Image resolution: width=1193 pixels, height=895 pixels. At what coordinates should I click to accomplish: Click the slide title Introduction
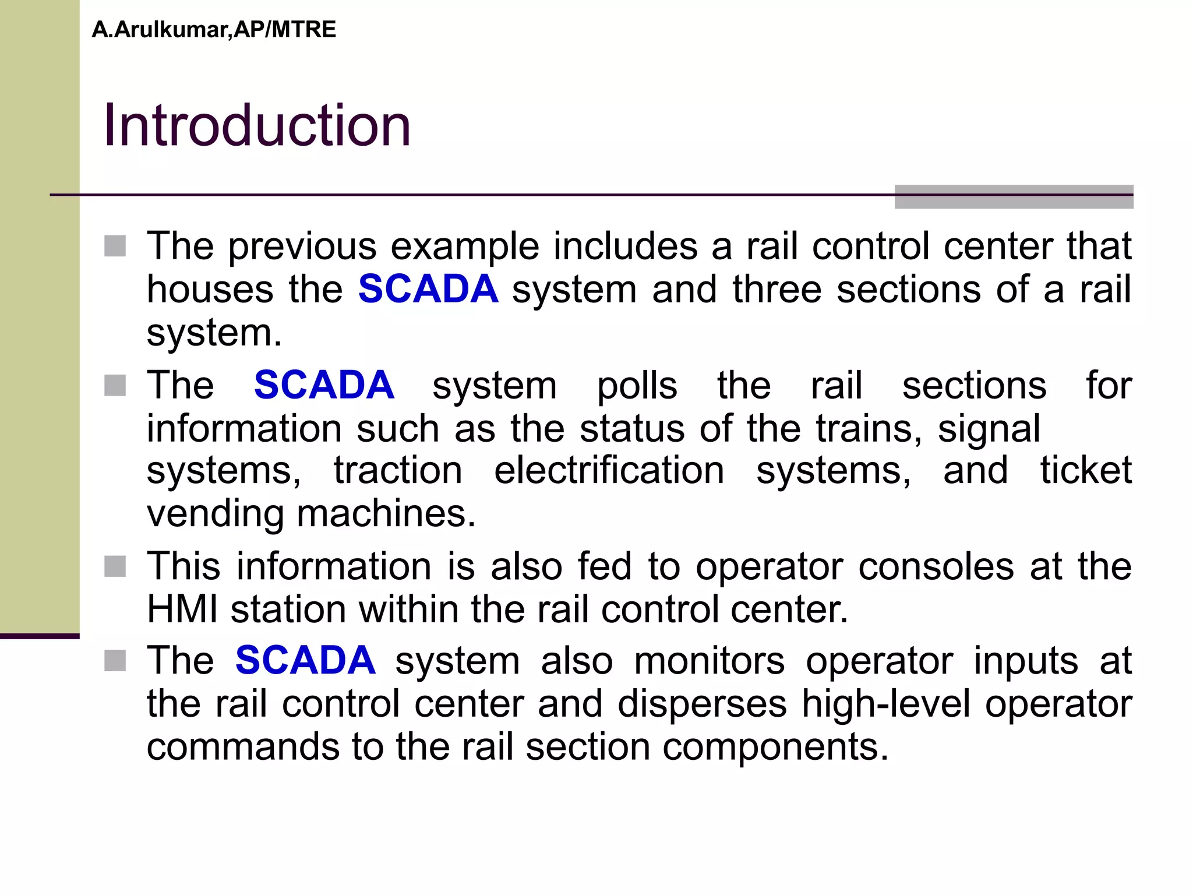coord(257,125)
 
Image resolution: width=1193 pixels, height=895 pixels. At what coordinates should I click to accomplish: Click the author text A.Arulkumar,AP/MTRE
coord(214,30)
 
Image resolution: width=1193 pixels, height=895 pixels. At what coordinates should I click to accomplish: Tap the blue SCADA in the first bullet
coord(428,289)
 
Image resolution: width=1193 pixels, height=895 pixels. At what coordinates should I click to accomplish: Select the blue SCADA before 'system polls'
coord(324,385)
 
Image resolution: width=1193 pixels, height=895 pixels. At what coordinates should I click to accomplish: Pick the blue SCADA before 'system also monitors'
coord(305,661)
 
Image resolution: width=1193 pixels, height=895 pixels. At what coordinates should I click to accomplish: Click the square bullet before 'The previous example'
coord(115,246)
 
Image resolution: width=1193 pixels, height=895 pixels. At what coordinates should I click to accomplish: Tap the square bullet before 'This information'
coord(115,566)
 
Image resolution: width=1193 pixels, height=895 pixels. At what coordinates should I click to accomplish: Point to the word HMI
coord(182,609)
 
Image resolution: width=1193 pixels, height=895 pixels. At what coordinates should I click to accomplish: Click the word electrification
coord(609,470)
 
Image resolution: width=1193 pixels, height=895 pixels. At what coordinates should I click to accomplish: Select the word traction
coord(398,470)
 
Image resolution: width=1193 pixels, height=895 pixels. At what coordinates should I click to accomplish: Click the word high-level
coord(885,704)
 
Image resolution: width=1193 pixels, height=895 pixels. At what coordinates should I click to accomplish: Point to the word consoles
coord(936,566)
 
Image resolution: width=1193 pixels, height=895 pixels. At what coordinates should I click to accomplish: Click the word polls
coord(637,386)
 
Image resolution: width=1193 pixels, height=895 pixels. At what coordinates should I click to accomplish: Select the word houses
coord(210,290)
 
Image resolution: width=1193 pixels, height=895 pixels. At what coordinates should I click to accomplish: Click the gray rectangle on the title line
coord(1014,196)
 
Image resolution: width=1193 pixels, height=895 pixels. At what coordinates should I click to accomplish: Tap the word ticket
coord(1086,470)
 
